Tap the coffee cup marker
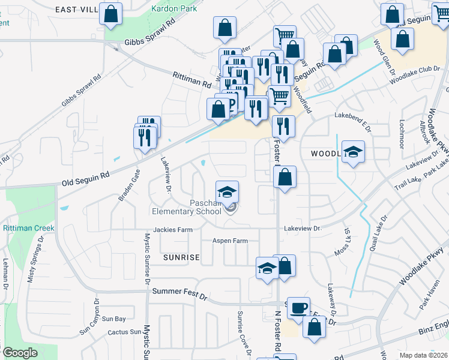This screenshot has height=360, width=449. (x=298, y=308)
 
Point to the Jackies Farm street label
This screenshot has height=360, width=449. (x=172, y=229)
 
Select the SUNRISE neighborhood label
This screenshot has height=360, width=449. (x=181, y=257)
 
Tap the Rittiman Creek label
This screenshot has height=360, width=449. (x=28, y=229)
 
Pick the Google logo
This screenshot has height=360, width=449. (x=20, y=353)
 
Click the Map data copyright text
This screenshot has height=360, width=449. (x=423, y=355)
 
